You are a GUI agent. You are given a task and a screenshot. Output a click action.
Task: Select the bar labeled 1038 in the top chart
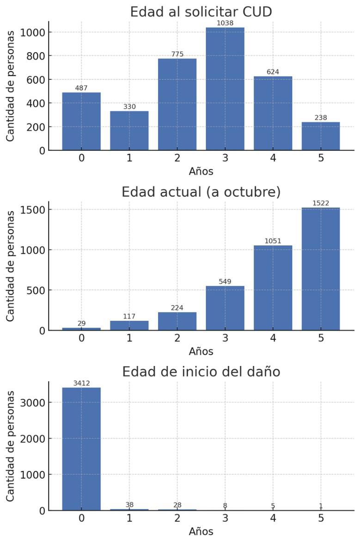pyautogui.click(x=225, y=89)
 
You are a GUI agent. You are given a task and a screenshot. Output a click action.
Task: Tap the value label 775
pyautogui.click(x=177, y=54)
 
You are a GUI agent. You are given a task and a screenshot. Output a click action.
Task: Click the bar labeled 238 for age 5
pyautogui.click(x=321, y=136)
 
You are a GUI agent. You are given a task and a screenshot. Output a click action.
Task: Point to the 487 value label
pyautogui.click(x=81, y=88)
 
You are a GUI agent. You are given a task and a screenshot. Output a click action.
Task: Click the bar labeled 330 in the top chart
pyautogui.click(x=129, y=130)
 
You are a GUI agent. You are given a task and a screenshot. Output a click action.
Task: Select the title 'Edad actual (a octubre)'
pyautogui.click(x=201, y=192)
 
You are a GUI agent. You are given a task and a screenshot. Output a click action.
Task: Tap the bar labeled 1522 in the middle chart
pyautogui.click(x=321, y=269)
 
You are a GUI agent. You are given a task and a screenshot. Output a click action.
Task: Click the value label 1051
pyautogui.click(x=273, y=241)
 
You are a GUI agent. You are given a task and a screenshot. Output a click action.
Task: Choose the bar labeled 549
pyautogui.click(x=225, y=308)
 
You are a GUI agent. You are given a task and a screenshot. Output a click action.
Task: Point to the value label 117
pyautogui.click(x=129, y=316)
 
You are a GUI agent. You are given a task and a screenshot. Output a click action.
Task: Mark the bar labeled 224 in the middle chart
pyautogui.click(x=177, y=321)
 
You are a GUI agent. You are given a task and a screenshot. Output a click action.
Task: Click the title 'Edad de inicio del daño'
pyautogui.click(x=201, y=372)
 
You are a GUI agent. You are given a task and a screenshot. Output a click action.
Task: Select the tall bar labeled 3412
pyautogui.click(x=81, y=449)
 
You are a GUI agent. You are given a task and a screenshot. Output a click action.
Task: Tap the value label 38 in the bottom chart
pyautogui.click(x=129, y=505)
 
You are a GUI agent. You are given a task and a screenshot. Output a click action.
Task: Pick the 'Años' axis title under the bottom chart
pyautogui.click(x=201, y=531)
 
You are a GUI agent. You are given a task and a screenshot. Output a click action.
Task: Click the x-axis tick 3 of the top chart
pyautogui.click(x=225, y=158)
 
